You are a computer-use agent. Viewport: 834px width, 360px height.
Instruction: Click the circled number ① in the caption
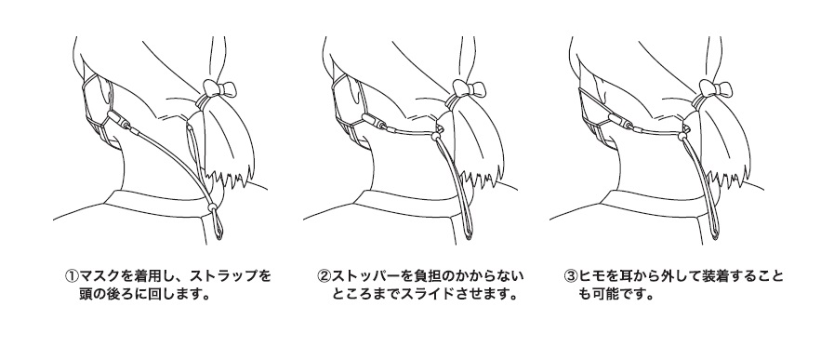pyautogui.click(x=72, y=276)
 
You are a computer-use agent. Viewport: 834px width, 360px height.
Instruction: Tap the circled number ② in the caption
pyautogui.click(x=324, y=276)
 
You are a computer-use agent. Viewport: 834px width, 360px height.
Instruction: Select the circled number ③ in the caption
pyautogui.click(x=570, y=276)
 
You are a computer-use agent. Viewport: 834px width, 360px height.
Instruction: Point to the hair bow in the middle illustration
pyautogui.click(x=466, y=89)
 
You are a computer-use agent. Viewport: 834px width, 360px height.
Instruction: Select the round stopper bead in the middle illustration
pyautogui.click(x=436, y=137)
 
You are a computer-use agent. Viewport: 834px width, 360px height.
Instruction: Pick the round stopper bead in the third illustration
pyautogui.click(x=682, y=137)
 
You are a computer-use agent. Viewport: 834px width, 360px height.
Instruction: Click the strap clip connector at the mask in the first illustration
pyautogui.click(x=120, y=121)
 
